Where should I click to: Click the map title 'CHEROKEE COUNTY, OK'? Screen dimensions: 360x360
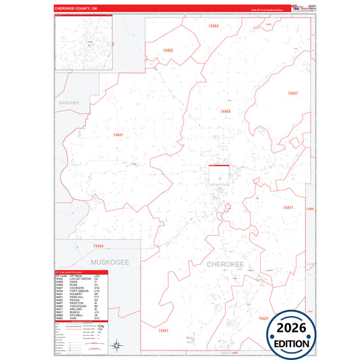[76, 8]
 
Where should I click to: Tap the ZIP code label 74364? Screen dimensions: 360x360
[213, 26]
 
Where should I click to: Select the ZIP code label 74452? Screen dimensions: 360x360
[168, 51]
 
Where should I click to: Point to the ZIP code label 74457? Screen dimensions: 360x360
[292, 93]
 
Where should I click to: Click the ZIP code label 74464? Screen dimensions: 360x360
[226, 111]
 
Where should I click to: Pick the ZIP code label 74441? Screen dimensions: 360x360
[118, 135]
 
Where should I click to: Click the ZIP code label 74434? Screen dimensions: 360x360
[98, 246]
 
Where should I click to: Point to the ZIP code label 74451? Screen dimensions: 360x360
[163, 330]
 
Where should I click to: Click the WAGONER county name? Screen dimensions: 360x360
[69, 103]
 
